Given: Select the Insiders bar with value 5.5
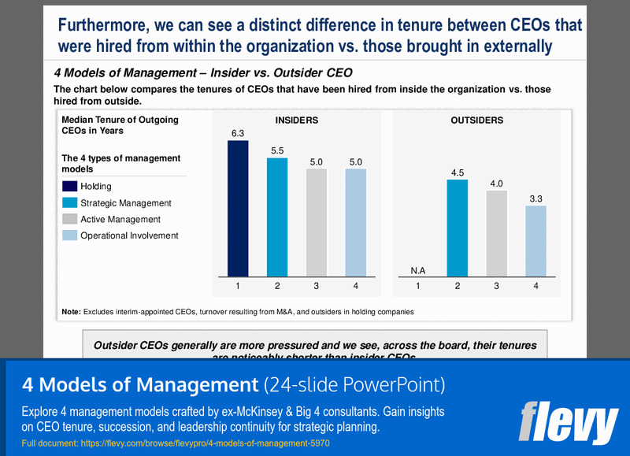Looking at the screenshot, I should coord(277,216).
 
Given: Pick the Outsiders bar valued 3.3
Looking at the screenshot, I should coord(535,239).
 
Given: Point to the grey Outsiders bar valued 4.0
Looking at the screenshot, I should coord(496,232).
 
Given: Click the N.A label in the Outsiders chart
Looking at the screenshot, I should coord(418,270).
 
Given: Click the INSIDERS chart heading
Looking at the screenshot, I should coord(296,120).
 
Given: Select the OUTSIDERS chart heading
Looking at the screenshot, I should coord(476,120).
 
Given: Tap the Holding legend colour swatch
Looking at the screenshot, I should coord(69,187).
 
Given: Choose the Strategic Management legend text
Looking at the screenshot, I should coord(126,203).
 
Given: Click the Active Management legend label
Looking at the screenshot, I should coord(120,220).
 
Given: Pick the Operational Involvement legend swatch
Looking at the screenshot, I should coord(69,235).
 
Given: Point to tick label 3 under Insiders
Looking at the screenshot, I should coord(316,286).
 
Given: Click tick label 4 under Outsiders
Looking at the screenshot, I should coord(535,286).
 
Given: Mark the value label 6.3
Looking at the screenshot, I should coord(237,134).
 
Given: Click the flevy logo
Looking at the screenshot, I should coord(568,423).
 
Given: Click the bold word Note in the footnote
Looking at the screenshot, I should coord(71,312).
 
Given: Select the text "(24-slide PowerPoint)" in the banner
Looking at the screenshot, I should coord(354,386).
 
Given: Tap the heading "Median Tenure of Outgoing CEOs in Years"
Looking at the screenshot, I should coord(120,125).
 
